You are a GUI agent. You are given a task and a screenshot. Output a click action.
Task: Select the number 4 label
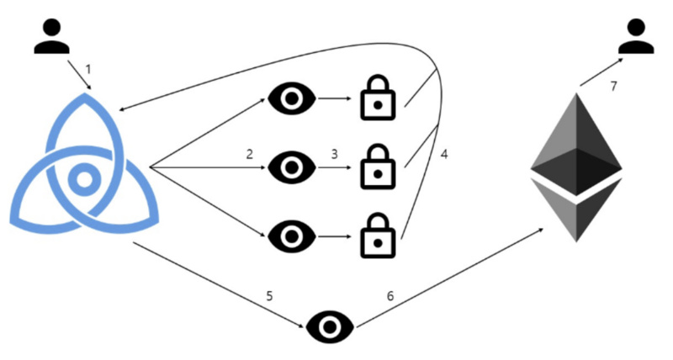(444, 156)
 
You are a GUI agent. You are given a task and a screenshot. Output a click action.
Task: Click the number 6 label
(389, 295)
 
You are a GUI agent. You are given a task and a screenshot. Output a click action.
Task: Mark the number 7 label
(613, 87)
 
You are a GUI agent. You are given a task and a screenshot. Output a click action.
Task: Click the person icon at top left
(52, 35)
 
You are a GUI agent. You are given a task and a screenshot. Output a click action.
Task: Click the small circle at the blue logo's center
(83, 178)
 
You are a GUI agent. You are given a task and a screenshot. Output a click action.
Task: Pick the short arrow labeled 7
(599, 71)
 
